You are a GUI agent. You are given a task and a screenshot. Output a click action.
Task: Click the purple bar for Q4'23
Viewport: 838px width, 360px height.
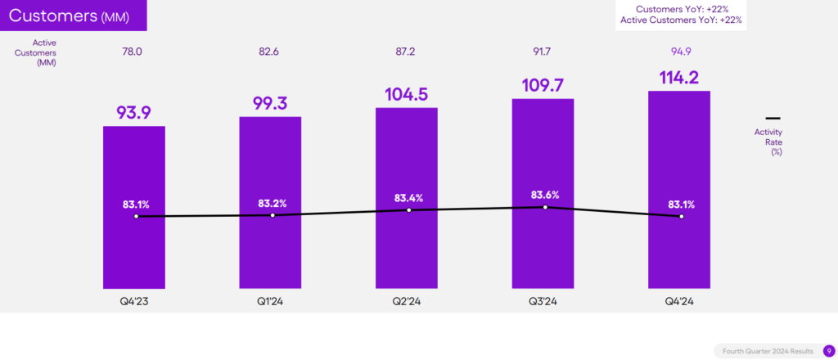pyautogui.click(x=133, y=245)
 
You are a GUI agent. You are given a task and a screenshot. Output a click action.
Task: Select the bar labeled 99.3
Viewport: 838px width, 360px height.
pyautogui.click(x=270, y=245)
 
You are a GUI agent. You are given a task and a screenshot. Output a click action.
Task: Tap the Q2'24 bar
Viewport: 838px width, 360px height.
pyautogui.click(x=407, y=245)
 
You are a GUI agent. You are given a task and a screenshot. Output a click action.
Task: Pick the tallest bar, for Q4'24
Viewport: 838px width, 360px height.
pyautogui.click(x=679, y=245)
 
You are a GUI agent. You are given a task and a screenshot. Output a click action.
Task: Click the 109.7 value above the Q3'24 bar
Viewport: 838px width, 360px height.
pyautogui.click(x=543, y=84)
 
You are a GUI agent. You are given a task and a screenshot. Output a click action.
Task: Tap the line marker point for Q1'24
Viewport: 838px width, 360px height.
pyautogui.click(x=273, y=215)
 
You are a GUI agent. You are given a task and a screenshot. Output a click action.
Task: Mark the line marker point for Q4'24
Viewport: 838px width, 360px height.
pyautogui.click(x=681, y=216)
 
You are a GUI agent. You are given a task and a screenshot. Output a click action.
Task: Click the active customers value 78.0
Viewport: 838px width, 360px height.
pyautogui.click(x=133, y=52)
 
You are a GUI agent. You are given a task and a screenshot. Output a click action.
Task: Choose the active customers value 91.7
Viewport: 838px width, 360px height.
pyautogui.click(x=543, y=52)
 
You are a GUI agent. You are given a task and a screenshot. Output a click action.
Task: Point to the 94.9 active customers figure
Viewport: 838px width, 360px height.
pyautogui.click(x=679, y=52)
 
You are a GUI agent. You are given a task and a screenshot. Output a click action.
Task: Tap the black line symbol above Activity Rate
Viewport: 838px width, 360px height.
pyautogui.click(x=772, y=118)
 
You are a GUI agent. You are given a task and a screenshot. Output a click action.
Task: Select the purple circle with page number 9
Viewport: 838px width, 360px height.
pyautogui.click(x=828, y=350)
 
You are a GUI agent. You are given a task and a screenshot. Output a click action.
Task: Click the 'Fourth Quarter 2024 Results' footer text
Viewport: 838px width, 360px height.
pyautogui.click(x=768, y=351)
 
